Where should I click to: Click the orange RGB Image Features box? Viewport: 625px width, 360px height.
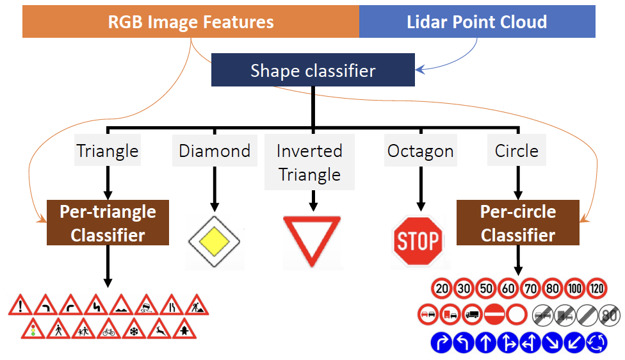click(x=191, y=22)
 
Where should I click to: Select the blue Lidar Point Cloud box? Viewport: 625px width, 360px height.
click(x=477, y=22)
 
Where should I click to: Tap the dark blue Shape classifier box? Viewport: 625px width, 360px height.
click(x=313, y=70)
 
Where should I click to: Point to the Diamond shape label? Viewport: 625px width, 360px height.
click(x=215, y=151)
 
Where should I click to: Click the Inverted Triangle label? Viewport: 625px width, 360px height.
click(x=309, y=162)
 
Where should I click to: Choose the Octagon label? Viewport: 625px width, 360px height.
click(x=421, y=151)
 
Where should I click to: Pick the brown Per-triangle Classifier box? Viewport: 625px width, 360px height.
click(x=108, y=222)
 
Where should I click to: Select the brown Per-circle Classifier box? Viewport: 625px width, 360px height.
click(x=518, y=222)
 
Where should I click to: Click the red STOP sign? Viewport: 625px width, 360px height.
click(x=418, y=241)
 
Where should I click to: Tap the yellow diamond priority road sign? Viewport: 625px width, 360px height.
click(x=215, y=241)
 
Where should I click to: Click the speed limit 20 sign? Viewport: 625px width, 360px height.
click(x=442, y=288)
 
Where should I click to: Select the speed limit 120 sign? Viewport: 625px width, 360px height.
click(x=597, y=288)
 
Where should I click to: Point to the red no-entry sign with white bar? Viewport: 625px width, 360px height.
click(x=494, y=315)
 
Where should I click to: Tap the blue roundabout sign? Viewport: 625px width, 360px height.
click(x=597, y=343)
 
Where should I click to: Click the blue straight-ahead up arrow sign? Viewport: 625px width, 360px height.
click(x=485, y=343)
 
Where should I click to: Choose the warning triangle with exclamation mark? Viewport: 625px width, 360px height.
click(x=20, y=306)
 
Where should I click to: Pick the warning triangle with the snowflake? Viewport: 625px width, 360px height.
click(x=134, y=329)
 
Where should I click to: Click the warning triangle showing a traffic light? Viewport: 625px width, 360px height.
click(x=33, y=329)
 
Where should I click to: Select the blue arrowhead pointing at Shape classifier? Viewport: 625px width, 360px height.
click(x=419, y=70)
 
